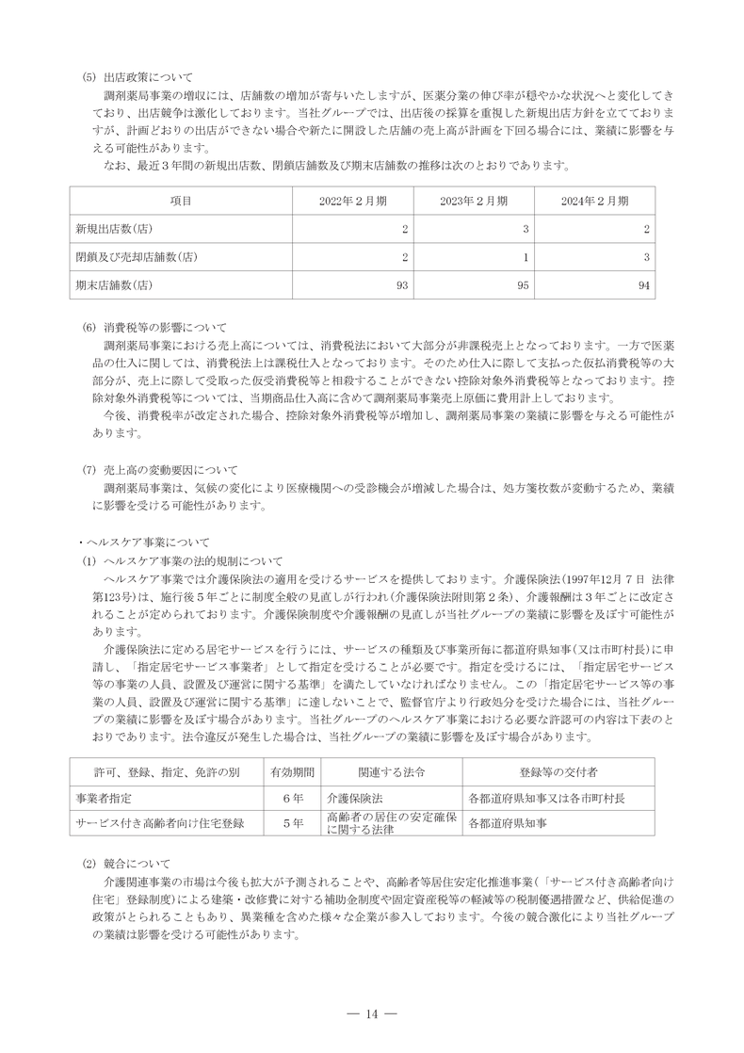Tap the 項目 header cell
coord(181,201)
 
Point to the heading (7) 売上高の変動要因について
coord(162,469)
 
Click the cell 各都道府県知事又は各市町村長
coord(546,797)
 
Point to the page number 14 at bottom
coord(371,1013)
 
